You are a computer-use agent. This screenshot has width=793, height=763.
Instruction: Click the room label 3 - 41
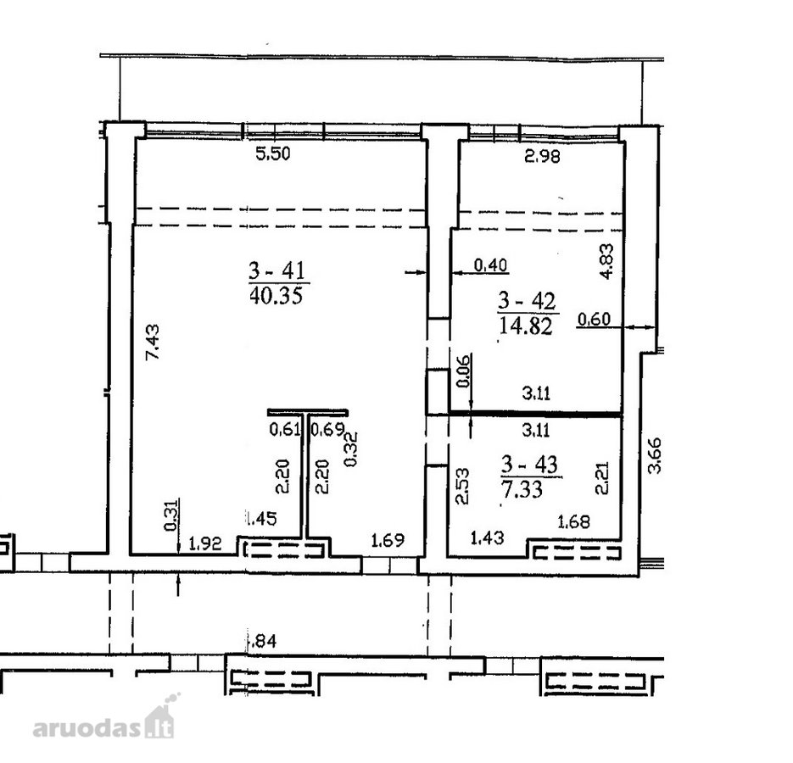click(277, 271)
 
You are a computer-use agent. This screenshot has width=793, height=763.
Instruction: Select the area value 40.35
click(276, 295)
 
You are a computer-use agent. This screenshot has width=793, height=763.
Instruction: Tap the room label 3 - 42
click(527, 301)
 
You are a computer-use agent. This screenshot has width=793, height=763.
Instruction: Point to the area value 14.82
click(526, 326)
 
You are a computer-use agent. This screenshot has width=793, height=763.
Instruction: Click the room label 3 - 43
click(529, 465)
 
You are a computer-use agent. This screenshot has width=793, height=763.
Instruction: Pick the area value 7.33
click(522, 489)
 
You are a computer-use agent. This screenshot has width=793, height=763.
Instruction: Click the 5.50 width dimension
click(273, 153)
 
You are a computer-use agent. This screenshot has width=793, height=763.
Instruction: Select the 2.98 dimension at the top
click(542, 156)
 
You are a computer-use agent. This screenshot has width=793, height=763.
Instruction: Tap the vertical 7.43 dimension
click(152, 342)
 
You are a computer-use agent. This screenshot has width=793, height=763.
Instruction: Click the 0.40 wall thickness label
click(490, 265)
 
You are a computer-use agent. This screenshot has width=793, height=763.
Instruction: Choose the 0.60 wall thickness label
click(595, 320)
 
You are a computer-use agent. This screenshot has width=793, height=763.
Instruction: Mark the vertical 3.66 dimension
click(655, 455)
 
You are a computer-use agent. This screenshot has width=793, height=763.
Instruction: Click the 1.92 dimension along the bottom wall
click(205, 544)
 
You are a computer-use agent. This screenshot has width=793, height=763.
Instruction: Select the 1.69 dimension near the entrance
click(388, 541)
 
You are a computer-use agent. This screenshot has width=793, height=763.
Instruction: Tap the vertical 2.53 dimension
click(462, 487)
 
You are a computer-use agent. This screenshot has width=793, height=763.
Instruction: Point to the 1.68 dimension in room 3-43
click(573, 521)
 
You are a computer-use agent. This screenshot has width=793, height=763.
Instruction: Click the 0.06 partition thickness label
click(463, 370)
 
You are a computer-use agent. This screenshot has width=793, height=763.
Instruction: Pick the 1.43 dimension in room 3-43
click(487, 537)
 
